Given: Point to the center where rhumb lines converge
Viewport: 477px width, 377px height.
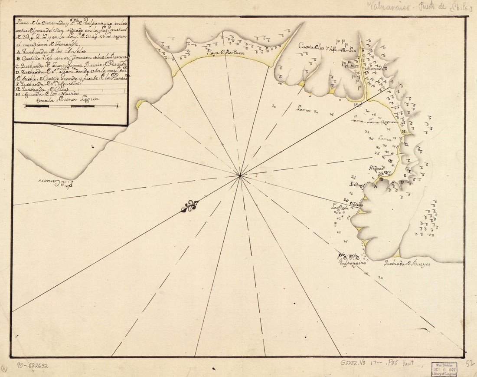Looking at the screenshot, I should click(240, 175).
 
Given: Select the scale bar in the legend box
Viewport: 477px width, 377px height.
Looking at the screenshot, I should click(72, 106).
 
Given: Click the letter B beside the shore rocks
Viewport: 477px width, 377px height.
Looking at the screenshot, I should click(381, 179).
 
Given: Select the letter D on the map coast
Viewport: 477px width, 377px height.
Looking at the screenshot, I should click(402, 183).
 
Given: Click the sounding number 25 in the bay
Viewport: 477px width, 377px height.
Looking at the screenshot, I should click(377, 153).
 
